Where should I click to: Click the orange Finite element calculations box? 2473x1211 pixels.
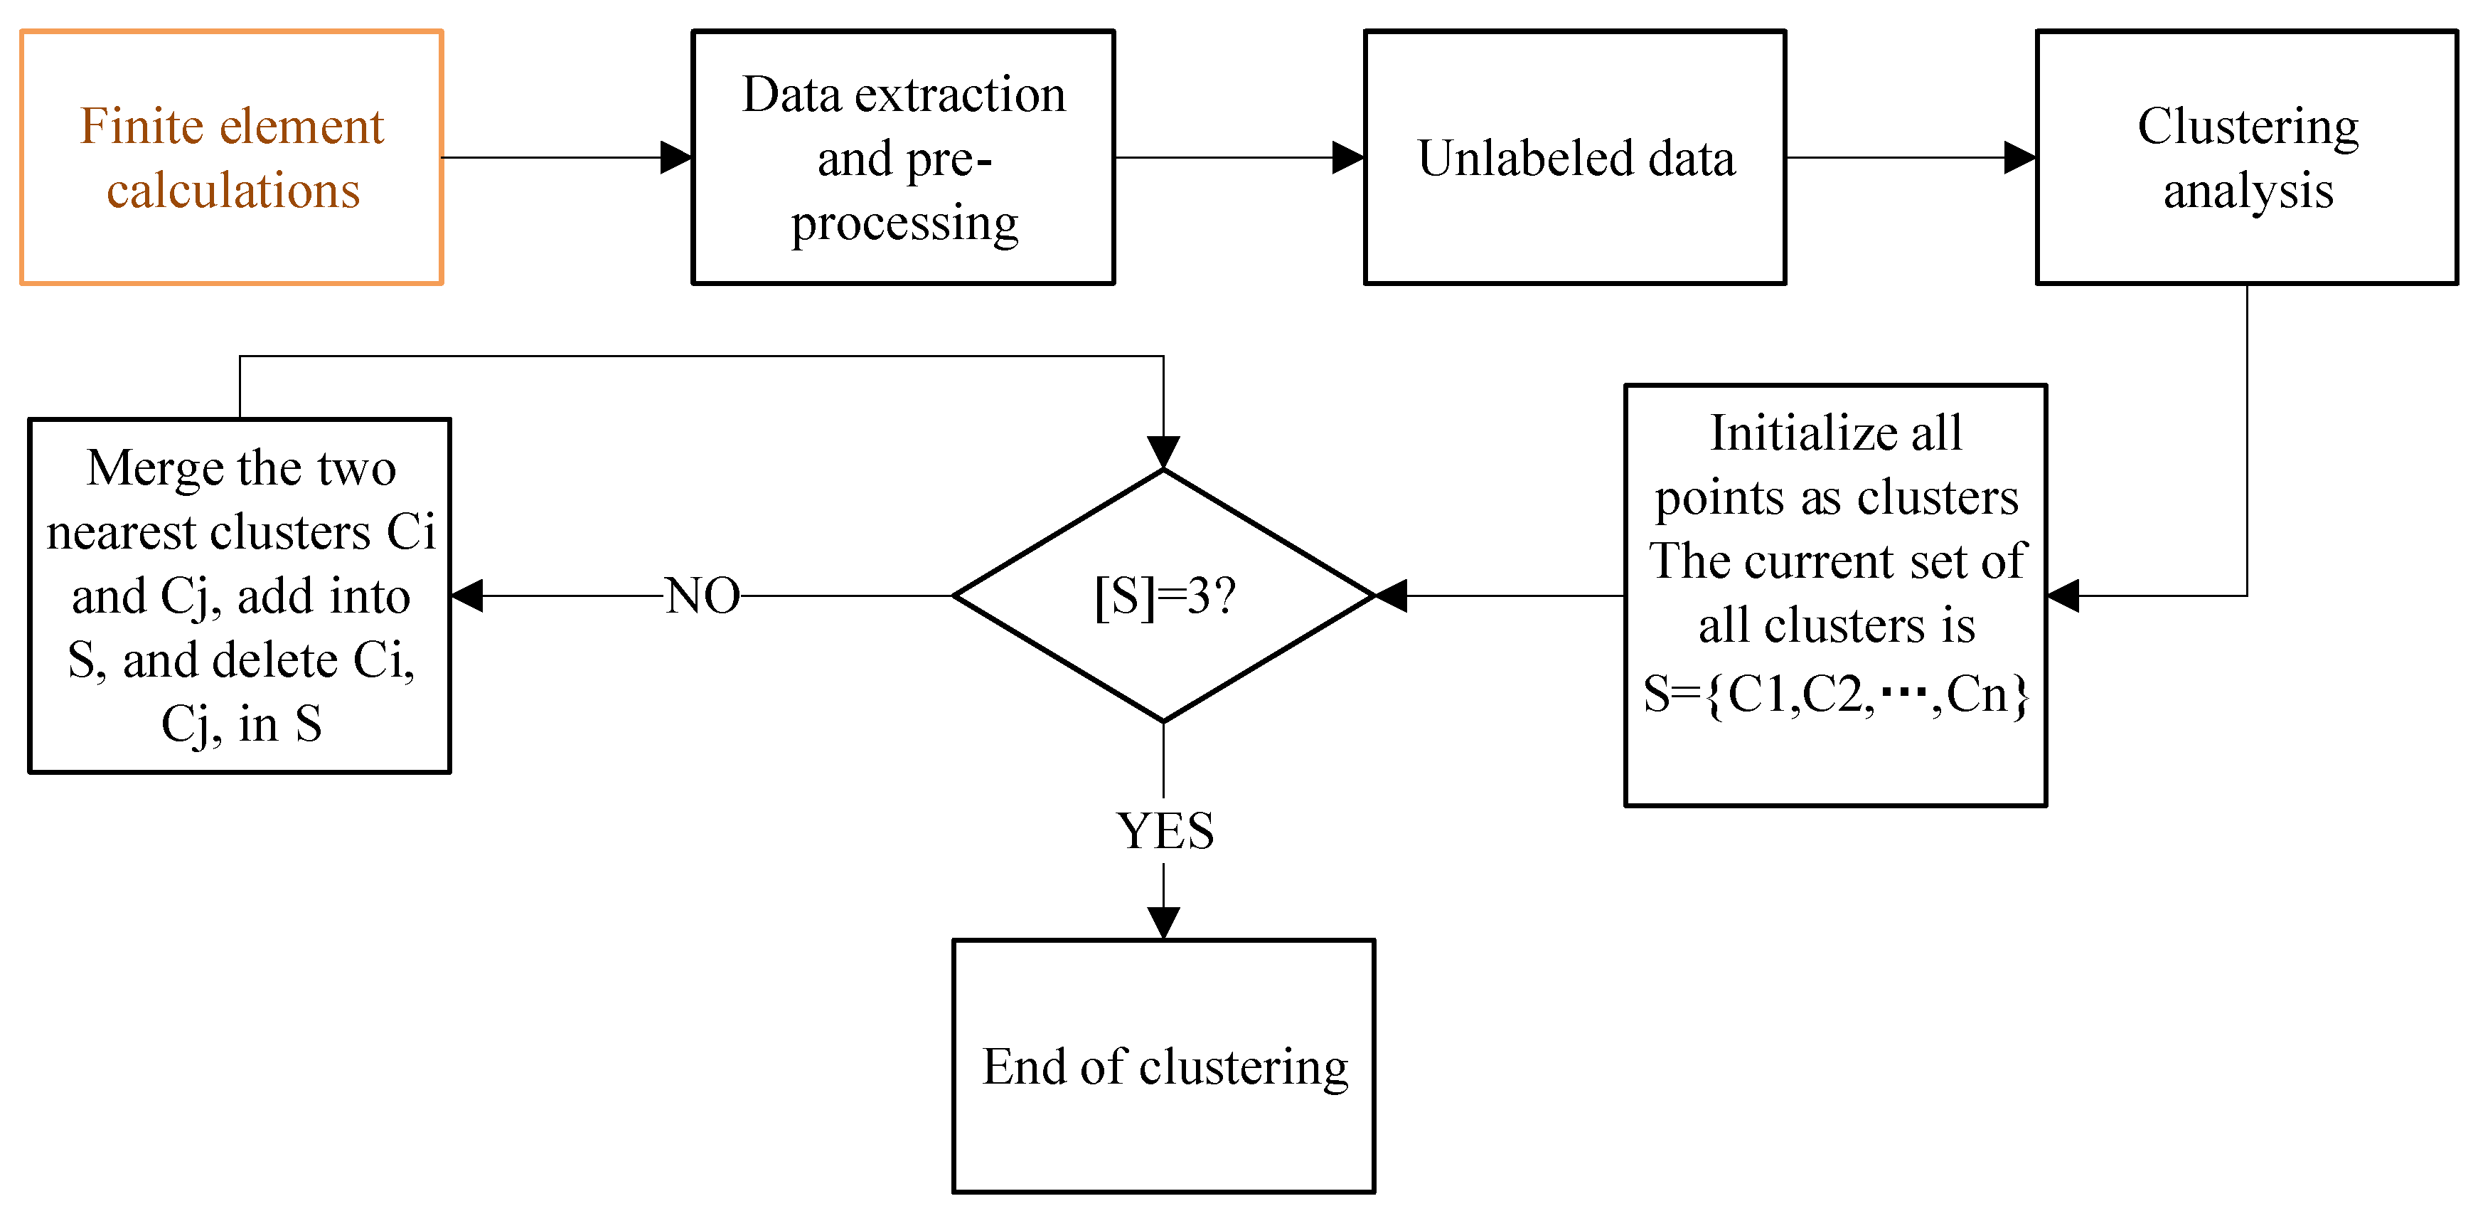231,157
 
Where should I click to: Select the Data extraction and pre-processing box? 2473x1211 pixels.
902,157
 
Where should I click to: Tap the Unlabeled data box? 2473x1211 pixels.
1574,157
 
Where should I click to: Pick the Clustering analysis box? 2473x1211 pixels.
2246,157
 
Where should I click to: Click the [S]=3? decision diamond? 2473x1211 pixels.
1163,596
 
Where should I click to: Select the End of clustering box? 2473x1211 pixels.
1163,1066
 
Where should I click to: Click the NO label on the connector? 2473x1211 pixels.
703,596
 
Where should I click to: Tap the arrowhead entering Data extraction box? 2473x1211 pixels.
676,157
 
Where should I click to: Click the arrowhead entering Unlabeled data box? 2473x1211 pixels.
1348,157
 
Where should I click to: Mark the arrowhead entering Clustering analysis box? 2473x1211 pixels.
2020,157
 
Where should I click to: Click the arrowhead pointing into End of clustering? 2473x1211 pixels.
1163,923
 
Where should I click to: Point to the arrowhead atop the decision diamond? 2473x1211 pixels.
1163,453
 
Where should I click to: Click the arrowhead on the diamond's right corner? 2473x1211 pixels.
1391,596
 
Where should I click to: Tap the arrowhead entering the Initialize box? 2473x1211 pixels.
2063,596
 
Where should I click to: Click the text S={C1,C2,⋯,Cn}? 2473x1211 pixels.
1835,693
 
